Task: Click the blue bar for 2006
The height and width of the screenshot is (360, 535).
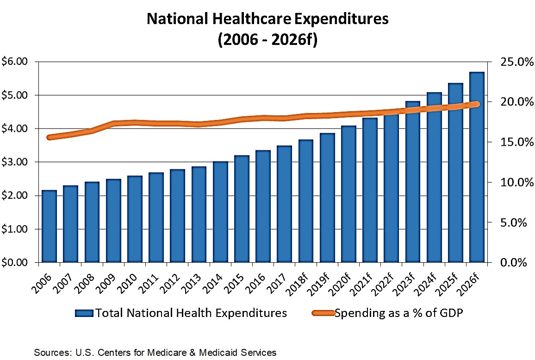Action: [x=50, y=226]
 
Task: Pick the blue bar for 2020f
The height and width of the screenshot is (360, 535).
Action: [x=348, y=194]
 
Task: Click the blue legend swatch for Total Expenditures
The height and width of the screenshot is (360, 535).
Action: [x=84, y=313]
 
